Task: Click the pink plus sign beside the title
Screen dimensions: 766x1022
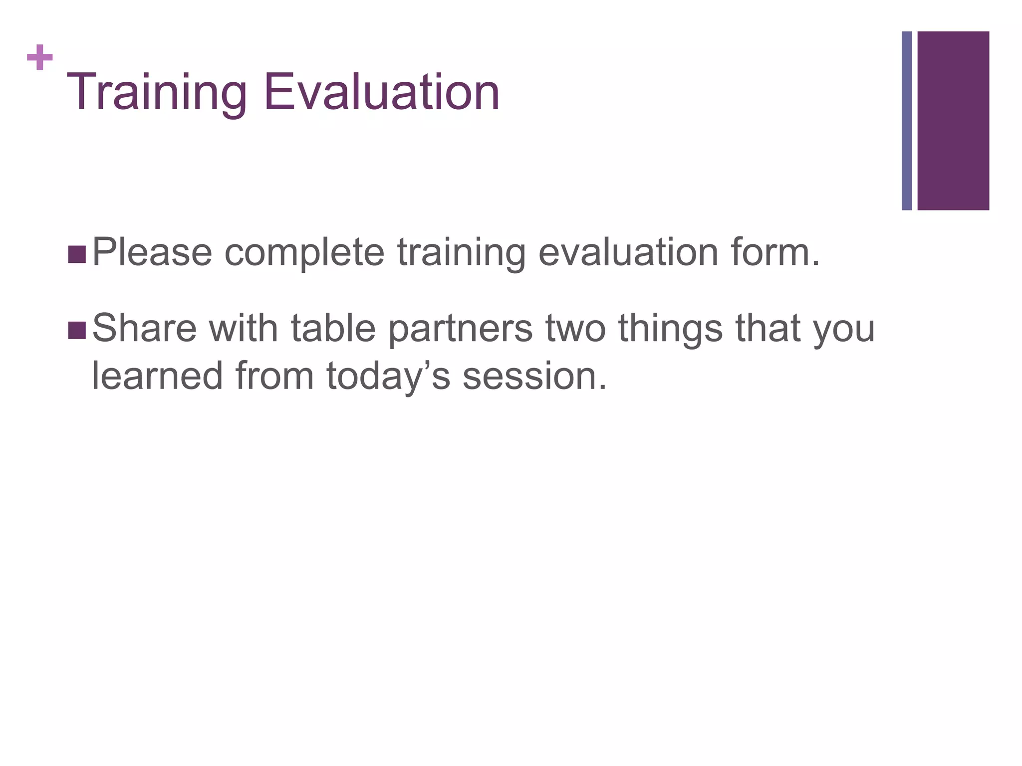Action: coord(40,58)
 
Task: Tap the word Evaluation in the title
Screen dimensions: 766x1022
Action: coord(381,93)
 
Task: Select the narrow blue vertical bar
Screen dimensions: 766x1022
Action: coord(907,121)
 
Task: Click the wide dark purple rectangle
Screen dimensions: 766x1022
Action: coord(953,121)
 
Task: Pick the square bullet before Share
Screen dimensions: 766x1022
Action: coord(76,330)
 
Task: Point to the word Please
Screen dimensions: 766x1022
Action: coord(152,253)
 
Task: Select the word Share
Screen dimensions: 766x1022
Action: coord(145,329)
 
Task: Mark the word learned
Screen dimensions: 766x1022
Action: coord(157,376)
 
